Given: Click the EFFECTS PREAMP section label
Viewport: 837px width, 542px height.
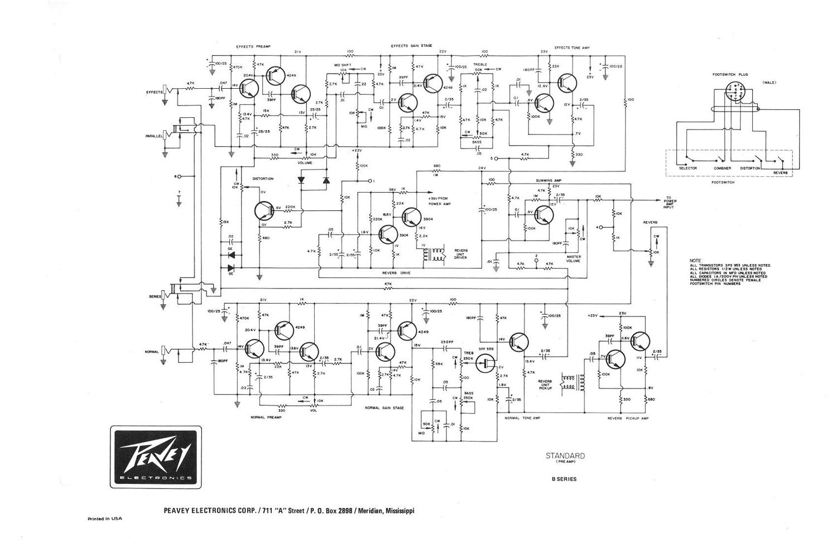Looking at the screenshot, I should coord(253,46).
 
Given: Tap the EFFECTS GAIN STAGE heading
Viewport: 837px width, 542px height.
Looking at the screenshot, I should coord(411,46).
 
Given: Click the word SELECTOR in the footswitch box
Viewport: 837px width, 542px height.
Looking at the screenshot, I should coord(687,168).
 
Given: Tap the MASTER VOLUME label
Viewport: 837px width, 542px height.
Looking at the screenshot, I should coord(573,259).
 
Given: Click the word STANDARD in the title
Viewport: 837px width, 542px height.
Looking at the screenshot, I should coord(565,455).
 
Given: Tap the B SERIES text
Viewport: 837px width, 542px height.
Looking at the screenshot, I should coord(565,479).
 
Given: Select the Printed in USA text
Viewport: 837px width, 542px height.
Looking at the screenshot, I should coord(105,519).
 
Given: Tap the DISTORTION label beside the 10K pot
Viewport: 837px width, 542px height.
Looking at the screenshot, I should coord(263,179).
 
